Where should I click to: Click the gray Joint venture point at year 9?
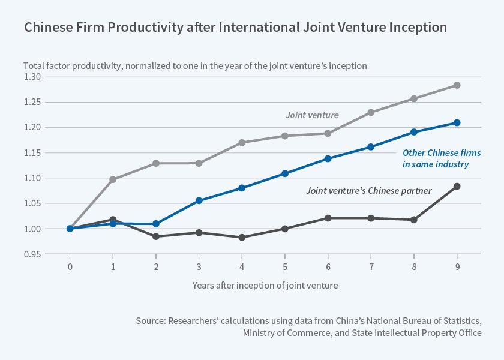click(457, 85)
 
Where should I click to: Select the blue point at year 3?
click(199, 200)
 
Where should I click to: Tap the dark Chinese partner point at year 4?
click(242, 238)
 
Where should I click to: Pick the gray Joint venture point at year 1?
click(113, 179)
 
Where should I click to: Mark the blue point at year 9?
click(457, 123)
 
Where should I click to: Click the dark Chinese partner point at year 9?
click(457, 187)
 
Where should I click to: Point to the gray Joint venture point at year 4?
click(242, 143)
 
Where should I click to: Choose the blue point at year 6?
click(328, 159)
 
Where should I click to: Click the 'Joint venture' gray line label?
click(312, 115)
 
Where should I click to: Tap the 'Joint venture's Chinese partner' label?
click(368, 191)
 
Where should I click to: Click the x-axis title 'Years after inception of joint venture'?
click(265, 286)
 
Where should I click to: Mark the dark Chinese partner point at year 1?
click(113, 220)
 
